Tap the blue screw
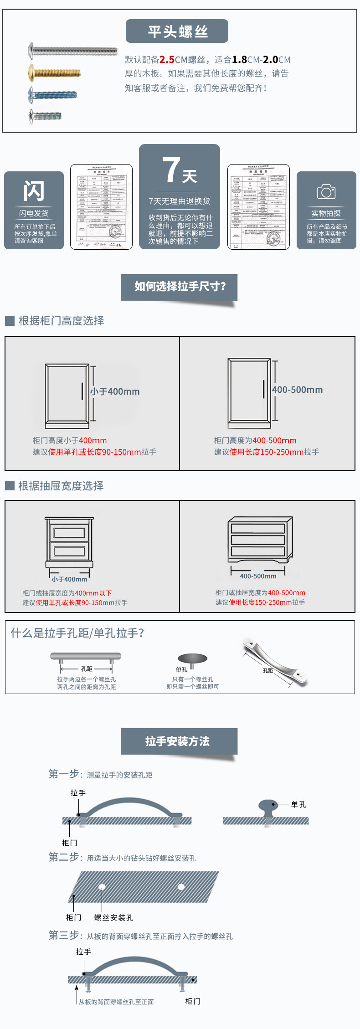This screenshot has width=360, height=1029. pyautogui.click(x=52, y=95)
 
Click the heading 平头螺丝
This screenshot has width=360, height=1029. pyautogui.click(x=177, y=31)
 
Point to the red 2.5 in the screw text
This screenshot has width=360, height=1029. pyautogui.click(x=167, y=60)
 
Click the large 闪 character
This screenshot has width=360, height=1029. pyautogui.click(x=34, y=191)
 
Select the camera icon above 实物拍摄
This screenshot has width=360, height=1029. pyautogui.click(x=326, y=192)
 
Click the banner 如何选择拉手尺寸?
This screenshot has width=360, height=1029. pyautogui.click(x=180, y=287)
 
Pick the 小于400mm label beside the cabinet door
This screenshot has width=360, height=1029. pyautogui.click(x=115, y=391)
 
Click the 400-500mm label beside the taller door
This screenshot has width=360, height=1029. pyautogui.click(x=297, y=390)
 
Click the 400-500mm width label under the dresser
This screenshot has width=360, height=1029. pyautogui.click(x=258, y=576)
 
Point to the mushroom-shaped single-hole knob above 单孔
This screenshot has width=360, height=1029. pyautogui.click(x=192, y=659)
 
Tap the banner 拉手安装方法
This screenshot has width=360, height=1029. pyautogui.click(x=178, y=741)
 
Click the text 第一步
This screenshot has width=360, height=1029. pyautogui.click(x=64, y=774)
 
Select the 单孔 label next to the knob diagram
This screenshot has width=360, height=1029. pyautogui.click(x=298, y=804)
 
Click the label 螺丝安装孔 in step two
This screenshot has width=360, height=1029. pyautogui.click(x=113, y=917)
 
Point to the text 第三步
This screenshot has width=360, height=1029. pyautogui.click(x=64, y=935)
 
